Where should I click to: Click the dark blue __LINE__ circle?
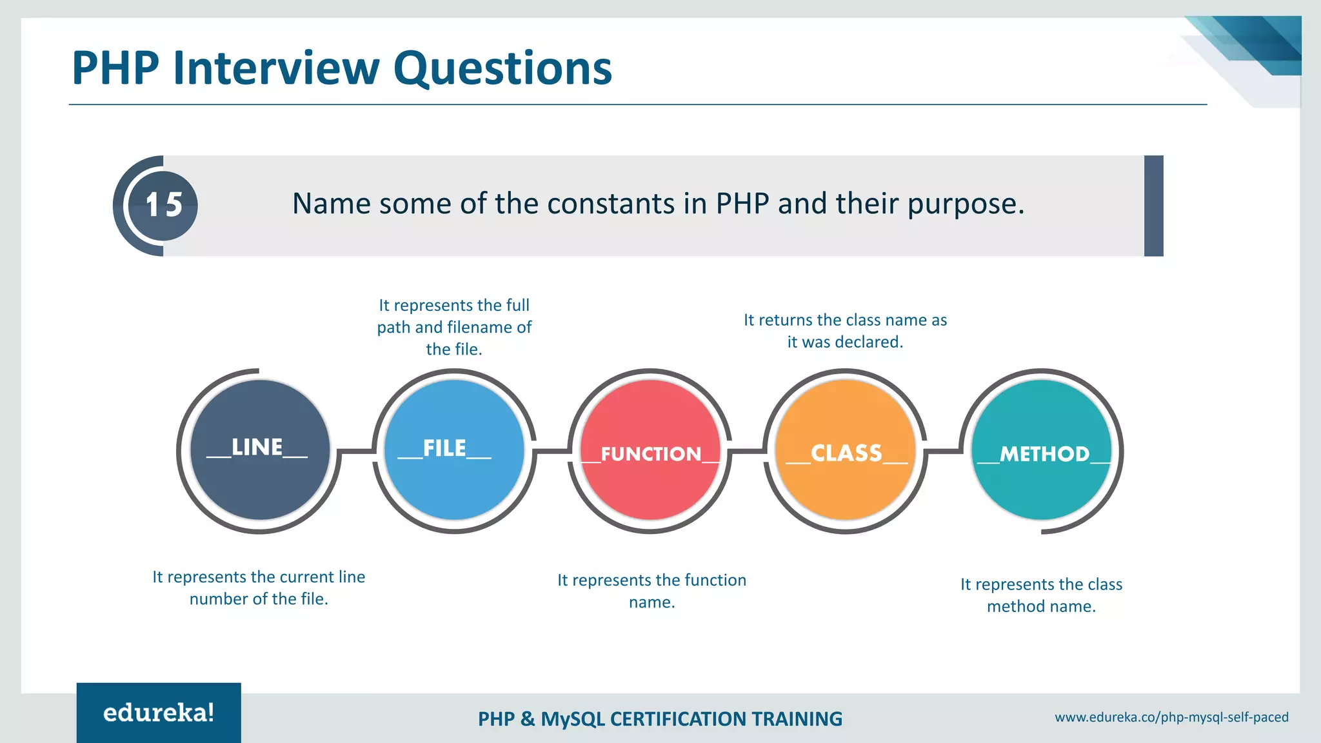click(x=260, y=450)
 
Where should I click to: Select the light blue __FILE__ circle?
click(x=454, y=450)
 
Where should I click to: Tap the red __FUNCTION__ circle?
click(x=650, y=450)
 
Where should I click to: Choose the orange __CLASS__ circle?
click(x=846, y=450)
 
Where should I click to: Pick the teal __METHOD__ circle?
click(x=1042, y=450)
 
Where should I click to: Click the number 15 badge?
click(x=163, y=206)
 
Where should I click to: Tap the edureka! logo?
click(x=159, y=713)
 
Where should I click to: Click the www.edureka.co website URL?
click(x=1171, y=717)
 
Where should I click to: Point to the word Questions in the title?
click(x=502, y=68)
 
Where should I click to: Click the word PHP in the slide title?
click(x=115, y=68)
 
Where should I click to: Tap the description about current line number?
click(x=259, y=588)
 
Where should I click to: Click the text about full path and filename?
click(x=454, y=327)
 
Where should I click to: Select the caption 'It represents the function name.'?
click(x=651, y=591)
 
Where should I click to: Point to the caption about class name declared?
click(x=845, y=331)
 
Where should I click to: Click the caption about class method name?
click(x=1041, y=595)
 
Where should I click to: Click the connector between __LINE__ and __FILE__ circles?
click(x=356, y=451)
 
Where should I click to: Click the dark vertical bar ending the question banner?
click(x=1153, y=206)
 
